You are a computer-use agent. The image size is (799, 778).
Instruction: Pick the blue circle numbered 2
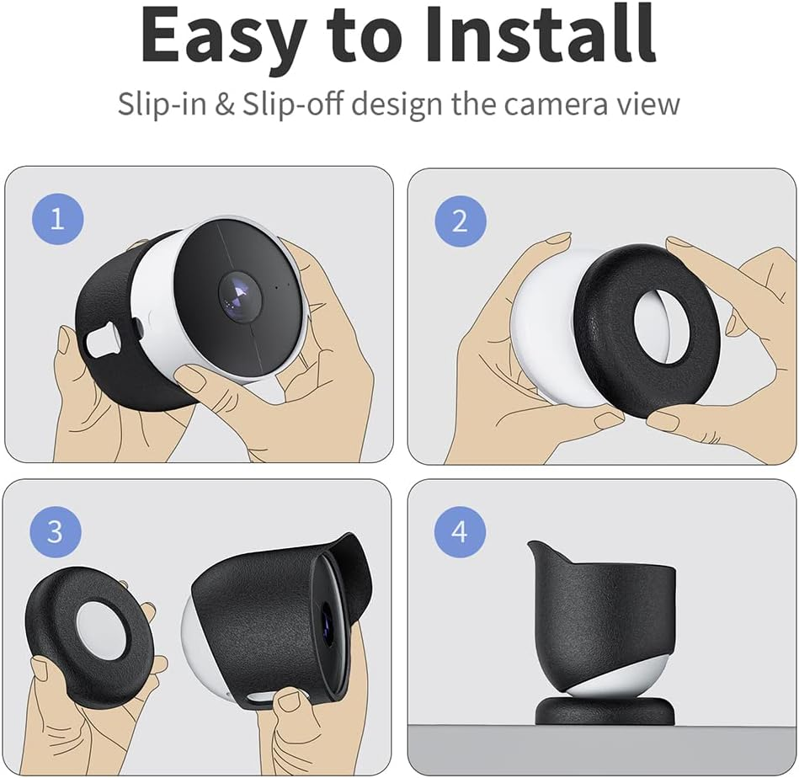pyautogui.click(x=460, y=221)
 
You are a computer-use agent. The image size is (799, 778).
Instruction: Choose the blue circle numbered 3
pyautogui.click(x=55, y=532)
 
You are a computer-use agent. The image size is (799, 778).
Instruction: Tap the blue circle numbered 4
pyautogui.click(x=459, y=532)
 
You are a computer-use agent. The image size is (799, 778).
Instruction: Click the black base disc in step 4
pyautogui.click(x=605, y=711)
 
